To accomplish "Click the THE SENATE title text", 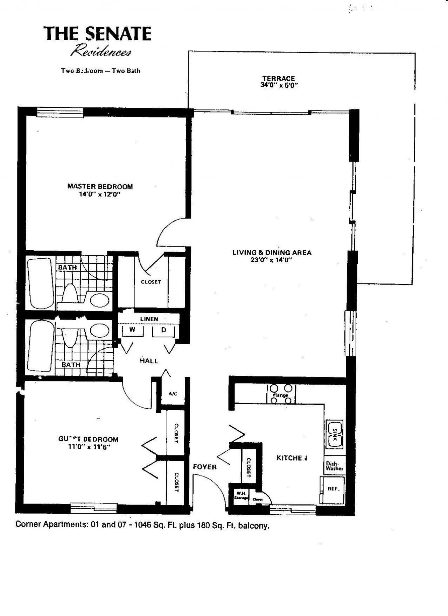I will [97, 34].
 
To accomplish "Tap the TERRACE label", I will [279, 78].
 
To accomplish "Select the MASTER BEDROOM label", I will [100, 186].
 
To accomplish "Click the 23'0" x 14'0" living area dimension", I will [272, 260].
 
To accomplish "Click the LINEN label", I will [149, 319].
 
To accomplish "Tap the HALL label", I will [149, 361].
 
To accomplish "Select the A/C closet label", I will [173, 394].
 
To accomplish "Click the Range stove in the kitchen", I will [281, 394].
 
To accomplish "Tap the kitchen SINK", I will [335, 434].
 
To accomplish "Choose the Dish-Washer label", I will [334, 466].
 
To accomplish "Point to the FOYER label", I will [205, 467].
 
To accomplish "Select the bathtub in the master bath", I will [41, 283].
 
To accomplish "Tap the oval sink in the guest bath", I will [99, 330].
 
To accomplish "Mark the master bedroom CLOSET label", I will [151, 282].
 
